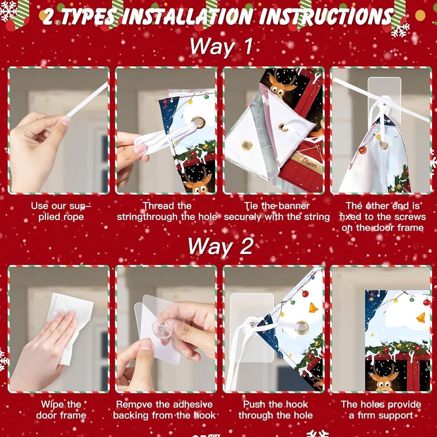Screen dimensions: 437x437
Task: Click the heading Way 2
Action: click(x=220, y=247)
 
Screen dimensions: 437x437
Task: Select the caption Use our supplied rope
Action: click(x=61, y=211)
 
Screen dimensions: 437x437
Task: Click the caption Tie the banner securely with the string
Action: click(x=277, y=211)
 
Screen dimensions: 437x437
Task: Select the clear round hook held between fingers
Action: click(x=161, y=328)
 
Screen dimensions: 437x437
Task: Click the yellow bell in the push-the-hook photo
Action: click(x=314, y=308)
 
